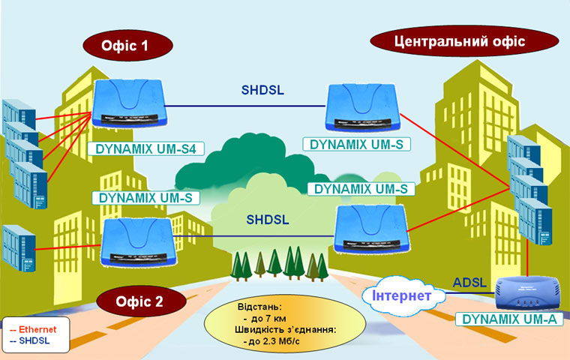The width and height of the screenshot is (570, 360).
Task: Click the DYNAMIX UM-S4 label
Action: (x=146, y=148)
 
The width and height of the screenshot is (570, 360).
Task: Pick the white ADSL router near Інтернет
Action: (x=524, y=292)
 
